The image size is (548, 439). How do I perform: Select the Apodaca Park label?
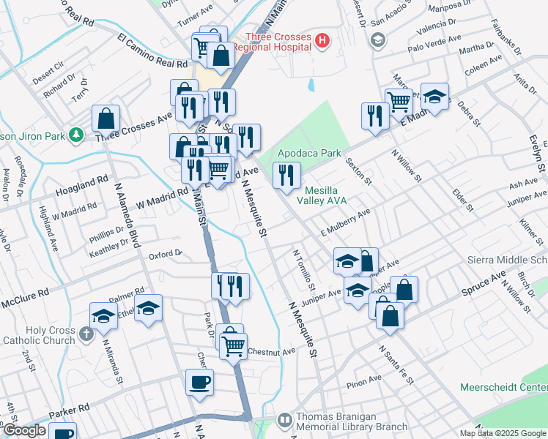(x=309, y=154)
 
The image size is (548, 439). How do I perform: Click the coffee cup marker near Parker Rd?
(x=199, y=381)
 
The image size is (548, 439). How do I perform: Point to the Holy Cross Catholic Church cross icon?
(x=86, y=334)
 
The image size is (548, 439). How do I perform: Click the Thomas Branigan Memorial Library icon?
(x=284, y=420)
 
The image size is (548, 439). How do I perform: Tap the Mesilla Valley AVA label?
(x=322, y=194)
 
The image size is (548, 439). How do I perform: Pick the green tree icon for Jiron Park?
(x=75, y=135)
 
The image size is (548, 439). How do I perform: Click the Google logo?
(x=24, y=430)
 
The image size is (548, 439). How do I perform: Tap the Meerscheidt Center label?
(x=503, y=387)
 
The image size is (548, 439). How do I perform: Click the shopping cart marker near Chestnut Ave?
(x=234, y=347)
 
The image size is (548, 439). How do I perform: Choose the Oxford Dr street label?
(x=165, y=254)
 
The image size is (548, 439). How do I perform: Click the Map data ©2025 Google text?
(x=503, y=433)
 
